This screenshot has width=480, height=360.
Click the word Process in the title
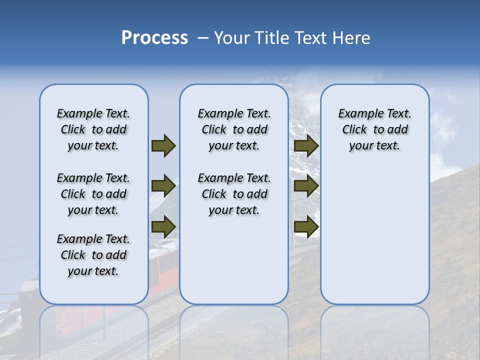click(154, 38)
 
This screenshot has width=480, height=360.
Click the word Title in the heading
click(270, 38)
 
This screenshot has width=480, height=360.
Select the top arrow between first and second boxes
click(163, 145)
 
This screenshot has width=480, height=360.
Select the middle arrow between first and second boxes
click(163, 186)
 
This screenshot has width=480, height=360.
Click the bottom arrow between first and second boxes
click(163, 227)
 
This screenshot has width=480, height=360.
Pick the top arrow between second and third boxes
click(306, 145)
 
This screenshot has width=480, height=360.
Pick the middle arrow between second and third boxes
click(306, 186)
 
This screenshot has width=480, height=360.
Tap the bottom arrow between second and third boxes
click(306, 227)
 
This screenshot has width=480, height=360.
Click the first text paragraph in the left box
click(93, 129)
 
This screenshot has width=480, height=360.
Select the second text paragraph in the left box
click(93, 194)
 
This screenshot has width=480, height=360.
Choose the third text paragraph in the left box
click(93, 255)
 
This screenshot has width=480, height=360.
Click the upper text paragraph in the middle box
click(234, 129)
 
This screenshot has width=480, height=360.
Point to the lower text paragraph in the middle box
click(234, 194)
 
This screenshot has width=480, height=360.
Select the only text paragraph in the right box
click(374, 129)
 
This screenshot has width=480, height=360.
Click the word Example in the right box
click(357, 114)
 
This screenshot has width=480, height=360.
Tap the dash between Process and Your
click(203, 38)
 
